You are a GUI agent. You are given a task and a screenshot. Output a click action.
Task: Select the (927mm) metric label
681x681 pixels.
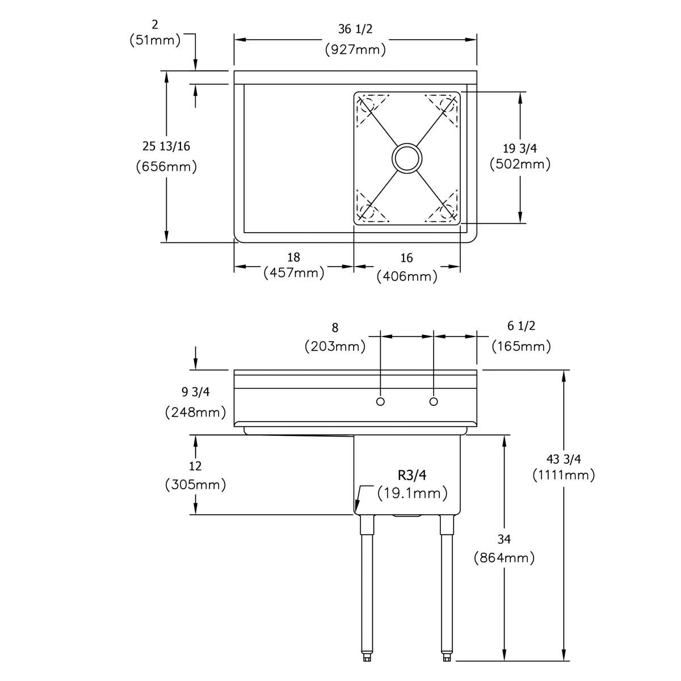[356, 49]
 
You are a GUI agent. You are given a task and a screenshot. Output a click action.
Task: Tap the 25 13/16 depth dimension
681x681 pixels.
[166, 146]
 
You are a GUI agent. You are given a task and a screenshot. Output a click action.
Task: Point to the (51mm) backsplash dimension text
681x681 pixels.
[155, 40]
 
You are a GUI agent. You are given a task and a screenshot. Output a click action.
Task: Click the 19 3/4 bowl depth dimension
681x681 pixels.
[520, 149]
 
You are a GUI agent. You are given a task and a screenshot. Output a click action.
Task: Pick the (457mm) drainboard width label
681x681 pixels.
[294, 273]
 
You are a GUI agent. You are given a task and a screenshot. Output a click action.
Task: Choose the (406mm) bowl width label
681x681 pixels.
[407, 276]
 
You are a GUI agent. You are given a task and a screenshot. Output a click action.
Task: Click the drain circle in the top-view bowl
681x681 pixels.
[407, 157]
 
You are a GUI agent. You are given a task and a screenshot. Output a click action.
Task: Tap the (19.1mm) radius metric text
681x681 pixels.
[413, 493]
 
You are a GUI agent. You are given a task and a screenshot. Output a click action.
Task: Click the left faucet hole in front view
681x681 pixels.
[381, 402]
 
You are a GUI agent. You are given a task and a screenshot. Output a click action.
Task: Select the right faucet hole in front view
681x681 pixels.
[434, 402]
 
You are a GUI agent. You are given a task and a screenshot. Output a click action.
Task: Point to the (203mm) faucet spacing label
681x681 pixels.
[335, 346]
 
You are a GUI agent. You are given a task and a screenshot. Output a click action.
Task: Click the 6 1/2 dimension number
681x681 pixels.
[520, 326]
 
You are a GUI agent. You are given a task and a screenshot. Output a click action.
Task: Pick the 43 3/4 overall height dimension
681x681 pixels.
[563, 459]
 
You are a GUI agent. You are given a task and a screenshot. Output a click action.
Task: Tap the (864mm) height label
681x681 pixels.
[504, 558]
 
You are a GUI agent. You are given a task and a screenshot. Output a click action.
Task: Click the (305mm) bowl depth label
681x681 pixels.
[196, 485]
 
